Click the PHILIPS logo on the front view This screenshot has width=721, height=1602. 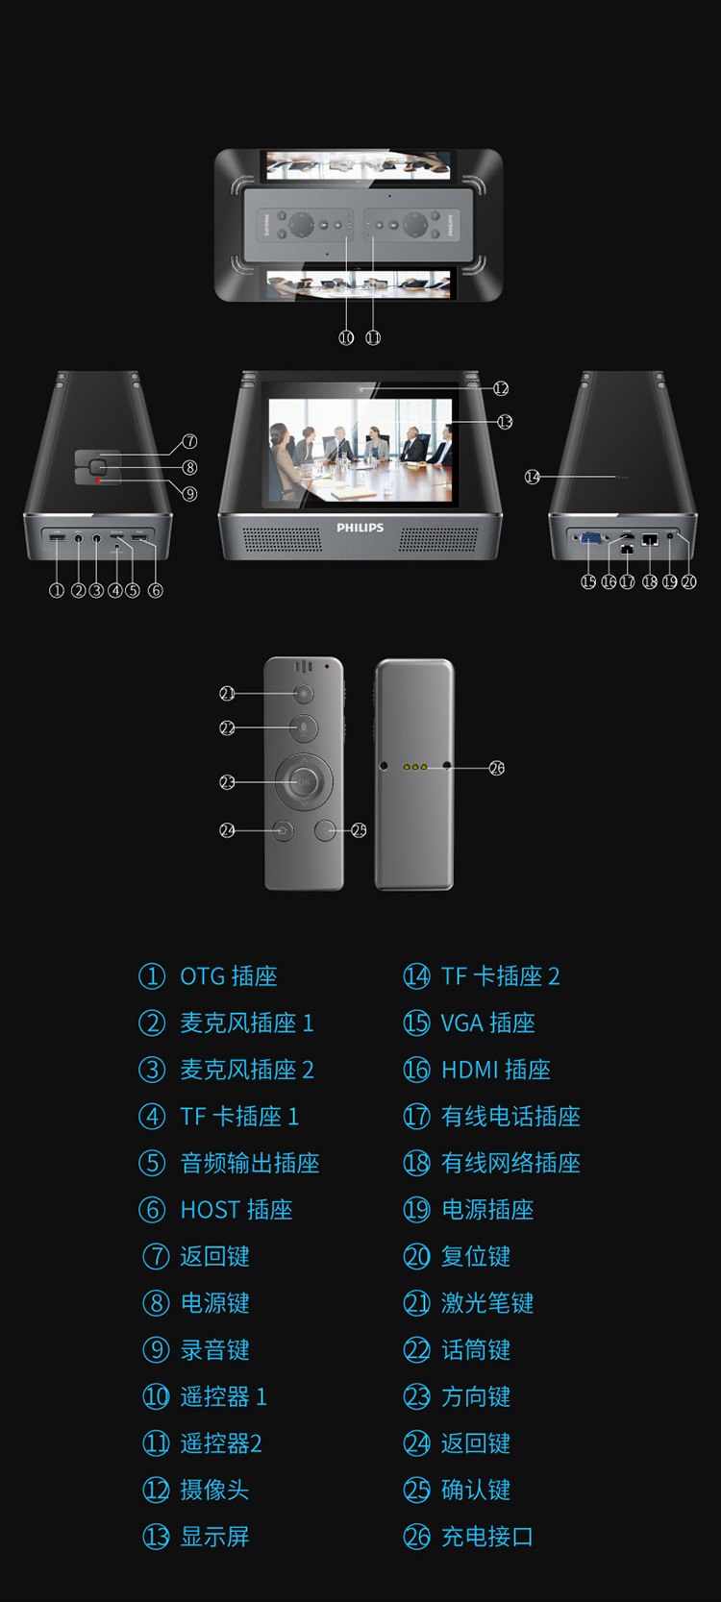point(360,528)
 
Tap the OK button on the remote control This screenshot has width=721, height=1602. point(304,782)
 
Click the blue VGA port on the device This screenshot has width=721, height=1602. point(591,538)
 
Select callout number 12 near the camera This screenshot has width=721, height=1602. point(501,388)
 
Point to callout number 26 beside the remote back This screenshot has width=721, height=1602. point(496,768)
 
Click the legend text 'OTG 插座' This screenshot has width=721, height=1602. point(228,976)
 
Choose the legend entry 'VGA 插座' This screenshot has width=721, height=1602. point(487,1023)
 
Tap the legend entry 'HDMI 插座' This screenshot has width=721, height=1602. point(496,1070)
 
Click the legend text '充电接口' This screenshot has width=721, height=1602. point(487,1537)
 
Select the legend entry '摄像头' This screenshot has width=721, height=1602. point(214,1491)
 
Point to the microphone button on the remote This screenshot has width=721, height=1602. point(303,728)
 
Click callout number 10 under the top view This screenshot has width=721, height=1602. point(346,337)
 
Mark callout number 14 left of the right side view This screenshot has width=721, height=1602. point(533,477)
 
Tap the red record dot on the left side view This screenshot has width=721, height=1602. point(99,481)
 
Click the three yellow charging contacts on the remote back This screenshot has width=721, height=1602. point(415,767)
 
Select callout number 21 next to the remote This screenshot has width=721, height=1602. point(227,693)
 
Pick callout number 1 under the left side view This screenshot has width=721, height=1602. point(57,591)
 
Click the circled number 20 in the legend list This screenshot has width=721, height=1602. point(417,1257)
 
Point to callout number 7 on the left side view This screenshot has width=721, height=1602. point(189,441)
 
